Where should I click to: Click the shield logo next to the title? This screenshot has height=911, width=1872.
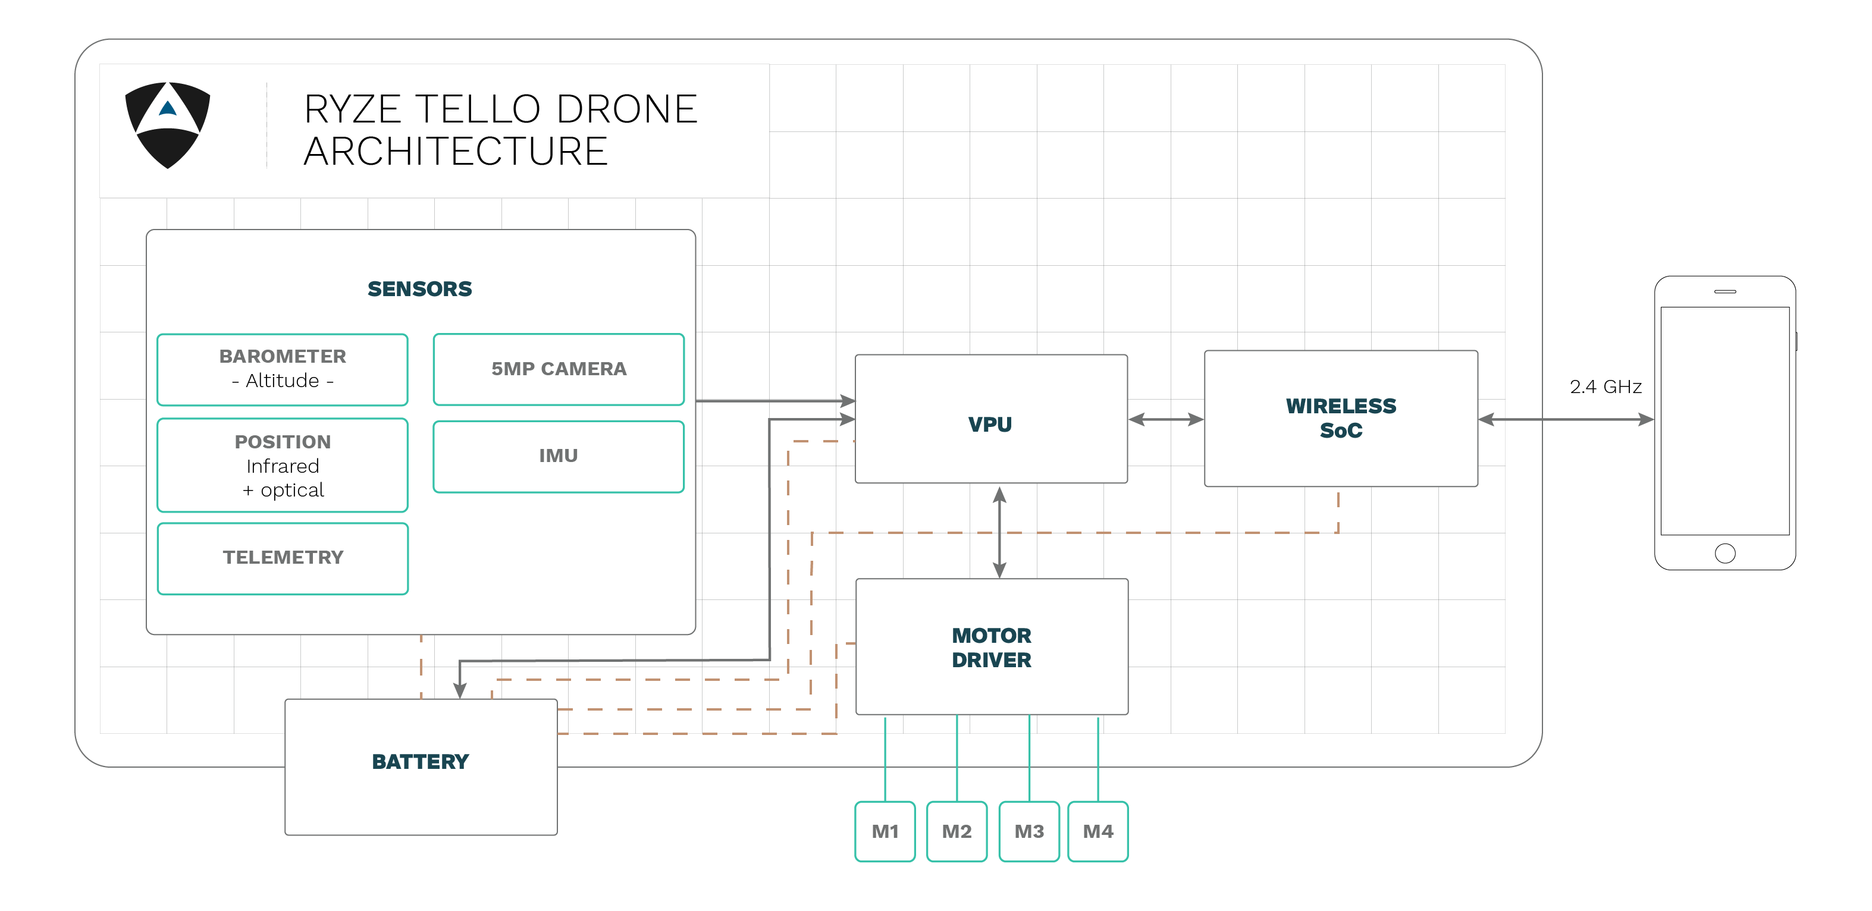coord(168,124)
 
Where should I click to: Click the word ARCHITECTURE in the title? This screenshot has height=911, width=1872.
coord(455,152)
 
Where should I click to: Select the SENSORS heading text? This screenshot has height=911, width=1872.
coord(419,289)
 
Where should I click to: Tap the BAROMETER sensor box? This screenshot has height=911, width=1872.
coord(282,369)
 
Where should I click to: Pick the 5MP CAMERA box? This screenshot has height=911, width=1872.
coord(558,369)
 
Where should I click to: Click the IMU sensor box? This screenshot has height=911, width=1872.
coord(558,456)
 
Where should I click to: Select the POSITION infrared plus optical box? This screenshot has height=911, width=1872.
coord(282,466)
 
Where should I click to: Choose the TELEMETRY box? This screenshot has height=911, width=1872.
coord(282,558)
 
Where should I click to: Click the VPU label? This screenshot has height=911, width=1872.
coord(990,424)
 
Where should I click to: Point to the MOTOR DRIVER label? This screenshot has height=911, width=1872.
coord(991,648)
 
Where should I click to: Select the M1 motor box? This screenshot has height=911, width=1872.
coord(885,831)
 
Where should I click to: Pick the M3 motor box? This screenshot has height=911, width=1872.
coord(1028,831)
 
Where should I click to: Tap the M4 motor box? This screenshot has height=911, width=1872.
coord(1098,831)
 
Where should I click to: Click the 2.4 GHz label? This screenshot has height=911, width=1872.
coord(1606,387)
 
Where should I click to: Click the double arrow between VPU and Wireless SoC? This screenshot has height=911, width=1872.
coord(1166,420)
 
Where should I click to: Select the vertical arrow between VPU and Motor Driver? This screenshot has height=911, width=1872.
coord(1000,532)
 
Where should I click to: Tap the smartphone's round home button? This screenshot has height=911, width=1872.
coord(1724,554)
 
